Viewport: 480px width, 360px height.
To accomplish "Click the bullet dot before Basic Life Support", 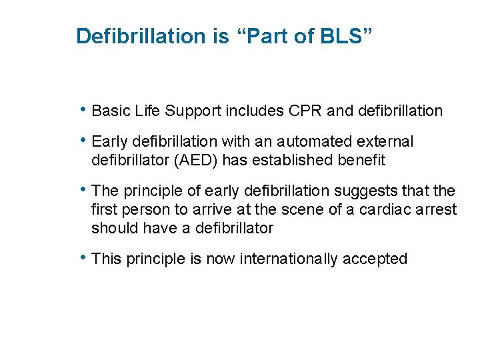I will pos(83,109).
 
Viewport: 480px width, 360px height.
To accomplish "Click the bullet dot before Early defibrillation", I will pos(83,140).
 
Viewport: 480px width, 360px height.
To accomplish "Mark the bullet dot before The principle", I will pos(83,190).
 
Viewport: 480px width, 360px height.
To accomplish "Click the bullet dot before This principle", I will pos(83,257).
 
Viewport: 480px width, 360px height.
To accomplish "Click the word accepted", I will pos(375,259).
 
